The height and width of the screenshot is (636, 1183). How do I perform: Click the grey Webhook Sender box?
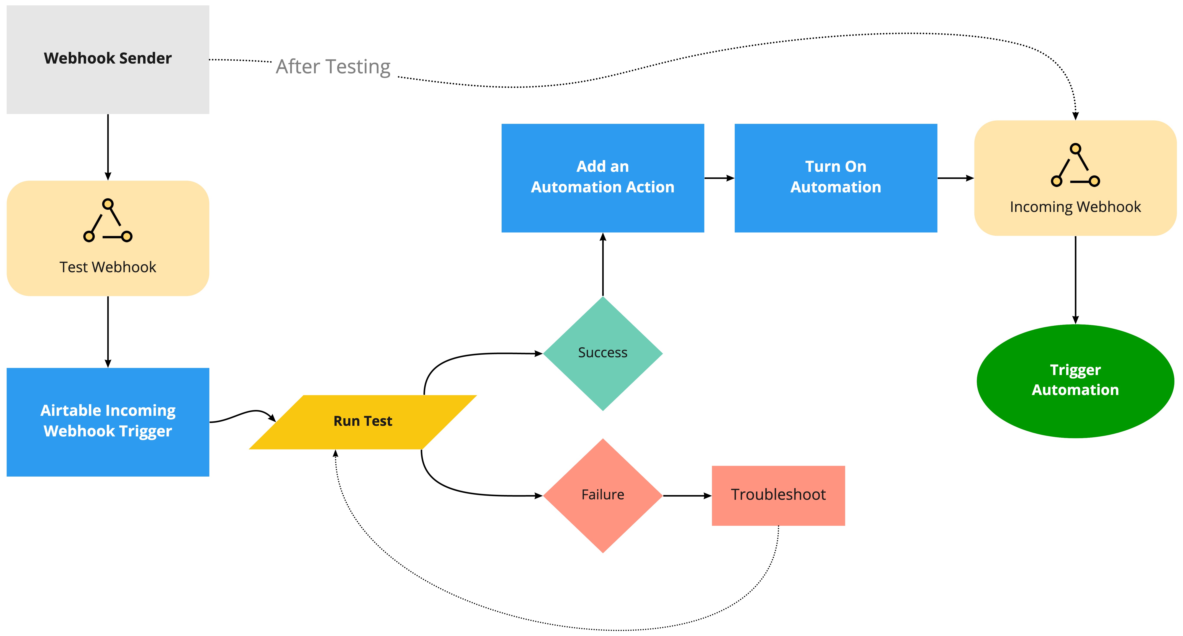pos(108,60)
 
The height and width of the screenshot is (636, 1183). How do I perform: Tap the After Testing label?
pos(333,67)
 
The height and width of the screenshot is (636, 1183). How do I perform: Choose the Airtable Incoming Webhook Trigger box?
pos(108,422)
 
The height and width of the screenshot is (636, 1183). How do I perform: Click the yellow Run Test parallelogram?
pos(363,422)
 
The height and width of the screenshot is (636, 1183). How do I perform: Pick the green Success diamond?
pos(603,354)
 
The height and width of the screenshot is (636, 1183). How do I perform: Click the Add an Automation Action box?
pos(603,178)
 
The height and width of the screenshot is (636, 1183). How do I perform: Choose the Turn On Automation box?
pos(836,178)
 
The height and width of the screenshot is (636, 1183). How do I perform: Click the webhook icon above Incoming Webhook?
pos(1075,165)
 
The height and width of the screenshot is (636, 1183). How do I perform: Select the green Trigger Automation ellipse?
pos(1075,381)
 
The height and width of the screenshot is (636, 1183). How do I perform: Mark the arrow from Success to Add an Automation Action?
pos(603,264)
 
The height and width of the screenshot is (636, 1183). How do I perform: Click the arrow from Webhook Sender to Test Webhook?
pos(108,147)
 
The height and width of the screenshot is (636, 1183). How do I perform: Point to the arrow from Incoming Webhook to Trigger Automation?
pos(1075,280)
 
